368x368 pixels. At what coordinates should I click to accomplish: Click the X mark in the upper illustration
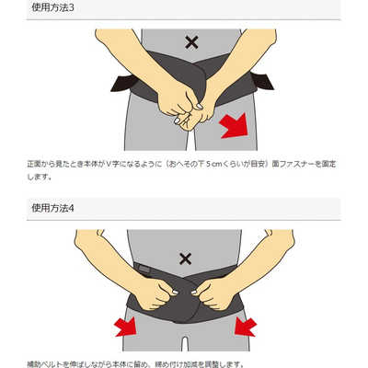pos(191,41)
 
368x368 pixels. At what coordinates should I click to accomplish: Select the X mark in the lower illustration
pos(186,259)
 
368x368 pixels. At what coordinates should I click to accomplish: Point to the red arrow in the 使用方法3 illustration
pos(234,126)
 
